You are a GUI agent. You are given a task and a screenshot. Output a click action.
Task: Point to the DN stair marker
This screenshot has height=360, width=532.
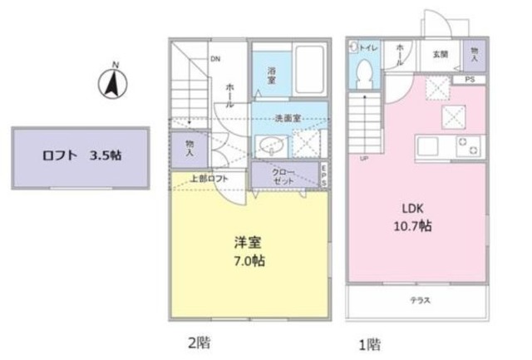(215, 59)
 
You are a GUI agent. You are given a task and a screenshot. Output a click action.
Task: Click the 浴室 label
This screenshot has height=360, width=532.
(272, 72)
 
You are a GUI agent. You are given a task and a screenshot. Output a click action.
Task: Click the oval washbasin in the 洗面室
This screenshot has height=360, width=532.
(273, 147)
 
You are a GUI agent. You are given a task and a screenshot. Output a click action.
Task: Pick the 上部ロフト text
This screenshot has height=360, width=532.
(205, 177)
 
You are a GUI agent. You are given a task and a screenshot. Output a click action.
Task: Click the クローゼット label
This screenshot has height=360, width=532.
(284, 176)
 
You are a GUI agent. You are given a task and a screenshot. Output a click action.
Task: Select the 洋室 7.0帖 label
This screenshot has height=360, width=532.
(249, 251)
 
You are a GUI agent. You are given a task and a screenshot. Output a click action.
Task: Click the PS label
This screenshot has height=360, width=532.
(470, 80)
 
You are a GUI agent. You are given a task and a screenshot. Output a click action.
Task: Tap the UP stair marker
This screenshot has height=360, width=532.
(363, 158)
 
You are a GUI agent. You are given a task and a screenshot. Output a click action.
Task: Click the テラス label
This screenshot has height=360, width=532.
(418, 300)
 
